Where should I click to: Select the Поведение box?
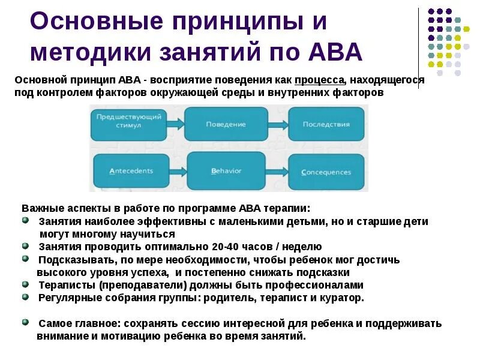[226, 124]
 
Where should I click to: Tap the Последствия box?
[326, 124]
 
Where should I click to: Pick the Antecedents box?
[131, 171]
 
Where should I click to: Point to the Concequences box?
[326, 172]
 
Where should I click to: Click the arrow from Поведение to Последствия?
[277, 124]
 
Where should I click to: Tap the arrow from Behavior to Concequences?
[277, 172]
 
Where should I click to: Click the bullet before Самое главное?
[25, 322]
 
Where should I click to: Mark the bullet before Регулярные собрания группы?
[25, 297]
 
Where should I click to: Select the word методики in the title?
[88, 52]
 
